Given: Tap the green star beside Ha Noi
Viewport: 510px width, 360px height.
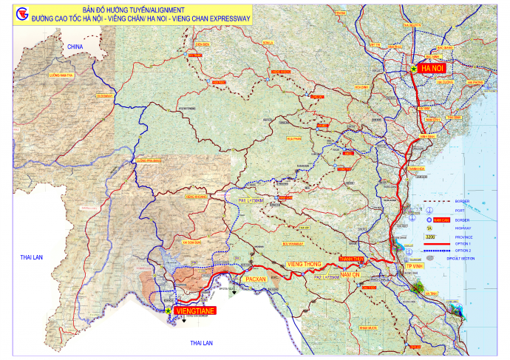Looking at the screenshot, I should [x=413, y=67].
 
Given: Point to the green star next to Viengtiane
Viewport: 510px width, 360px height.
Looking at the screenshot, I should [x=171, y=311].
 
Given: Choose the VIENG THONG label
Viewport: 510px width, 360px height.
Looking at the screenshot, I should [x=304, y=264].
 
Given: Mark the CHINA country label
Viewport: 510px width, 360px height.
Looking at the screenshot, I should [x=73, y=46].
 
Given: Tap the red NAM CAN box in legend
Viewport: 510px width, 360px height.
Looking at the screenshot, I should [x=442, y=220].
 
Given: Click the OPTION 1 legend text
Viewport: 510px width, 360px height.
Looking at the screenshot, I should [x=463, y=243].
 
